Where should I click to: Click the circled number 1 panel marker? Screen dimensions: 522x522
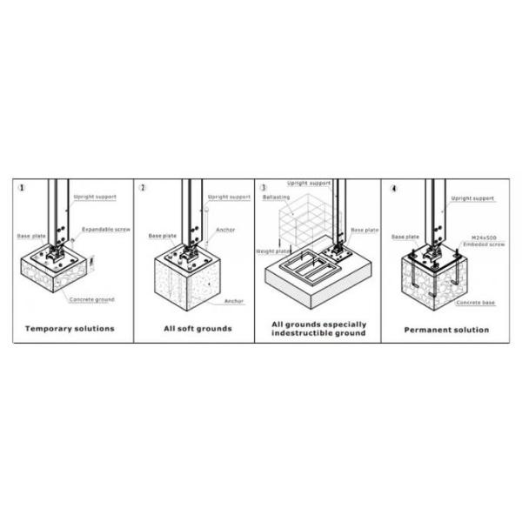coord(21,187)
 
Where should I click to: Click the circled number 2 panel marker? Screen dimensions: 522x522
coord(143,187)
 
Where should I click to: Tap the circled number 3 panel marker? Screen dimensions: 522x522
coord(263,187)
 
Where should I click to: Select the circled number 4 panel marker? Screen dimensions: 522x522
coord(394,187)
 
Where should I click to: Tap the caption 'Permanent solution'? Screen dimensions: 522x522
coord(447,330)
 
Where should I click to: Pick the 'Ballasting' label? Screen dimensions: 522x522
coord(276,197)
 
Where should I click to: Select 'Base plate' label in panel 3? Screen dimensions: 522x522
coord(365,230)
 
